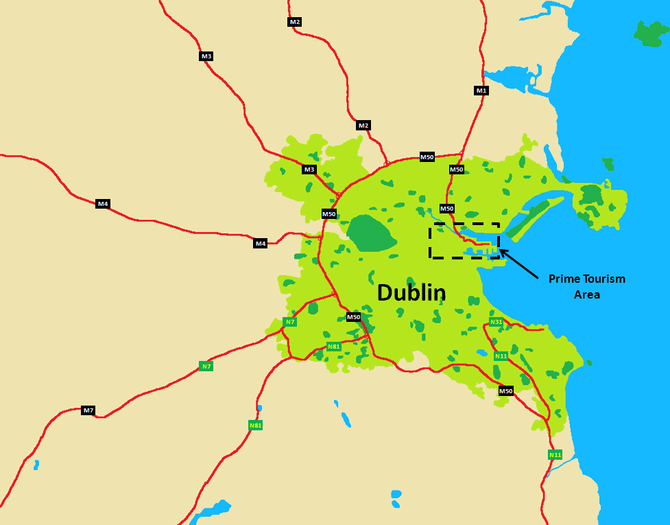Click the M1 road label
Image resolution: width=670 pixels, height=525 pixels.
481,91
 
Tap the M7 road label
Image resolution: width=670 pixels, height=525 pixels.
88,410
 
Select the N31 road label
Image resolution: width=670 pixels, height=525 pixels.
496,322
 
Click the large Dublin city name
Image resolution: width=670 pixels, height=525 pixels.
411,292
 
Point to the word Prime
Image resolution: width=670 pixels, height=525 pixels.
564,279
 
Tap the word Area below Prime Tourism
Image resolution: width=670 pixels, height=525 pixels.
587,294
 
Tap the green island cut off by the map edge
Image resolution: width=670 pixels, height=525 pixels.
653,33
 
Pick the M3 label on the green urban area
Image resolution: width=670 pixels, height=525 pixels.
309,170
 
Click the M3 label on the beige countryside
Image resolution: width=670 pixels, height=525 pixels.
206,56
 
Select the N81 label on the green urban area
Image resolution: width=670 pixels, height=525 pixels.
334,347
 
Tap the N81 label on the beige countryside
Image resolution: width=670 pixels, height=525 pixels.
256,425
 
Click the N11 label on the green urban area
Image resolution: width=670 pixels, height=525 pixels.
501,355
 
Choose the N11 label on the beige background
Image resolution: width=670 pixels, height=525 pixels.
555,455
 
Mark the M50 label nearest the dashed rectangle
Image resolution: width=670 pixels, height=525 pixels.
447,209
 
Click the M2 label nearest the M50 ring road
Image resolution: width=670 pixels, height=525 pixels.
363,126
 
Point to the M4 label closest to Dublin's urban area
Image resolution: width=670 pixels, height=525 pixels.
260,244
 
